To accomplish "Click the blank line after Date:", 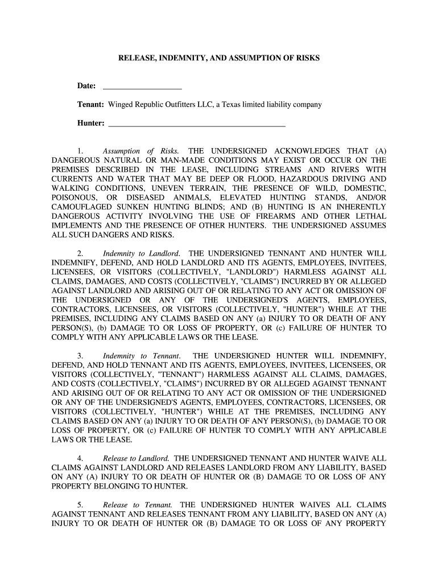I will (142, 87).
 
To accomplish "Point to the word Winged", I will (120, 105).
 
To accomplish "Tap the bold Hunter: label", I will (91, 123).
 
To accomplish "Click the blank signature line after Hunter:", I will (196, 124).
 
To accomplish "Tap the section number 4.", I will (81, 458).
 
